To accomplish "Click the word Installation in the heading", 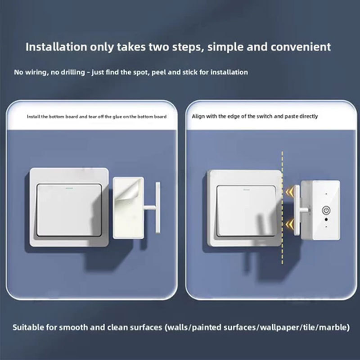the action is (56, 47).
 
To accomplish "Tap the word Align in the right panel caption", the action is (198, 117).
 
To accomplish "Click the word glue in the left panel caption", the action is (117, 117).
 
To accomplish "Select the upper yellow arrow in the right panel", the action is (290, 191).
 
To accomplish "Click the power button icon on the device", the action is (326, 210).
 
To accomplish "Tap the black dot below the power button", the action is (326, 220).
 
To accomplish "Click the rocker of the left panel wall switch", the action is (69, 210).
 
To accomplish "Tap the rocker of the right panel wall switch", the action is (246, 211).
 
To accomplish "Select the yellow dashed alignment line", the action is (283, 207).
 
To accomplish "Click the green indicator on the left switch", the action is (69, 188).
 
